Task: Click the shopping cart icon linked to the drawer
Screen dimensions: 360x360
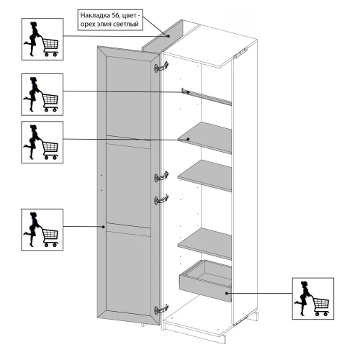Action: pyautogui.click(x=313, y=299)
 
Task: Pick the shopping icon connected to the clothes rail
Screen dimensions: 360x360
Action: pyautogui.click(x=42, y=94)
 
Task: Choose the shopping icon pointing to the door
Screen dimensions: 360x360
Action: pyautogui.click(x=42, y=230)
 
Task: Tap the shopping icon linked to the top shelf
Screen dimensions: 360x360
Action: pyautogui.click(x=42, y=142)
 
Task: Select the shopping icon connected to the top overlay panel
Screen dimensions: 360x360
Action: pyautogui.click(x=42, y=39)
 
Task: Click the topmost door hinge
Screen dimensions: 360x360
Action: pyautogui.click(x=161, y=67)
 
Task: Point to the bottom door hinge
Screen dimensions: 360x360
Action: pyautogui.click(x=161, y=309)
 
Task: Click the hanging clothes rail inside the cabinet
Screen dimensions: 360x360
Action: pyautogui.click(x=207, y=96)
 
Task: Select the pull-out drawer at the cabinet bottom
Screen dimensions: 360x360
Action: pyautogui.click(x=205, y=280)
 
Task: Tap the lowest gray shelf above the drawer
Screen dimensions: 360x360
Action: pyautogui.click(x=204, y=243)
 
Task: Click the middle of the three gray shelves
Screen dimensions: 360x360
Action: pyautogui.click(x=204, y=176)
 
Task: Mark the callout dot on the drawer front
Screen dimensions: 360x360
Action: pyautogui.click(x=227, y=293)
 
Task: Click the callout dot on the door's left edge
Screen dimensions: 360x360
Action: pyautogui.click(x=104, y=227)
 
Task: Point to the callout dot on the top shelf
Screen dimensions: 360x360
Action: pyautogui.click(x=188, y=139)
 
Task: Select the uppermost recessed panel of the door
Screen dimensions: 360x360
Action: pyautogui.click(x=128, y=98)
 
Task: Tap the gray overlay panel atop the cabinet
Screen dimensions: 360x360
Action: pyautogui.click(x=163, y=37)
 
